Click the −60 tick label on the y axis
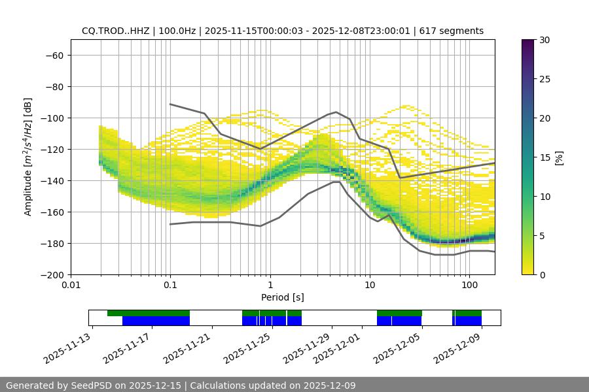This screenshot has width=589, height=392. (54, 55)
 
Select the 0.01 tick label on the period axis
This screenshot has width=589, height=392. (71, 286)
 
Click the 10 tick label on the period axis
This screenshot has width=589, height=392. (370, 286)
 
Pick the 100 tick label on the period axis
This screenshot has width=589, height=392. (469, 286)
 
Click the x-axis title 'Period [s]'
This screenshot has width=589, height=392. (283, 297)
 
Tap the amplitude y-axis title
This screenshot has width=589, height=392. (27, 157)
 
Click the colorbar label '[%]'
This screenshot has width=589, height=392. (558, 157)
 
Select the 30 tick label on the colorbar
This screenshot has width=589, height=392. (544, 40)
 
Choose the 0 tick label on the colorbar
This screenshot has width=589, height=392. (543, 274)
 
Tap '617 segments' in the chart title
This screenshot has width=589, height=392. (452, 31)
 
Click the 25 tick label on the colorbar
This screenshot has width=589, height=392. (544, 79)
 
